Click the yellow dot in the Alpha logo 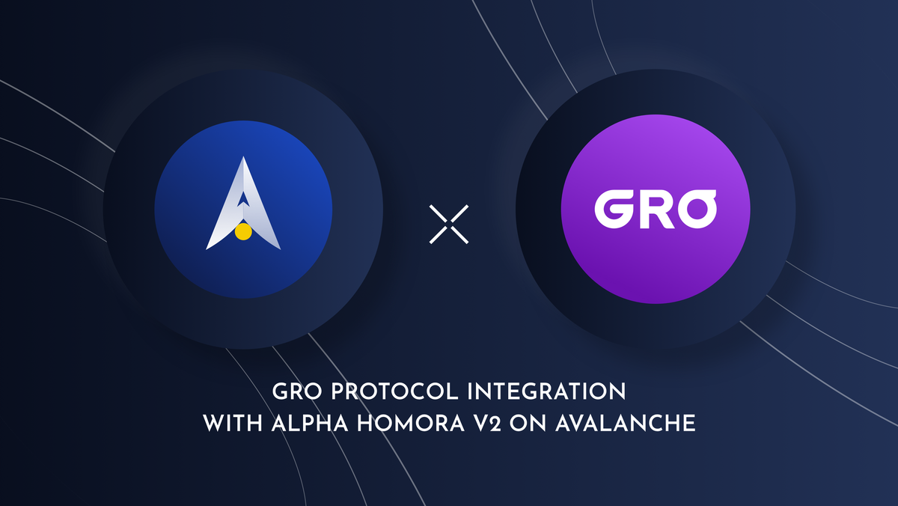[x=242, y=232]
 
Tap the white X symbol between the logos [x=450, y=224]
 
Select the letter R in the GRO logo [x=652, y=210]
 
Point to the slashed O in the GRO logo [x=695, y=209]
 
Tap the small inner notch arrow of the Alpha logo [x=243, y=198]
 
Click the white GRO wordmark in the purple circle [x=655, y=210]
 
